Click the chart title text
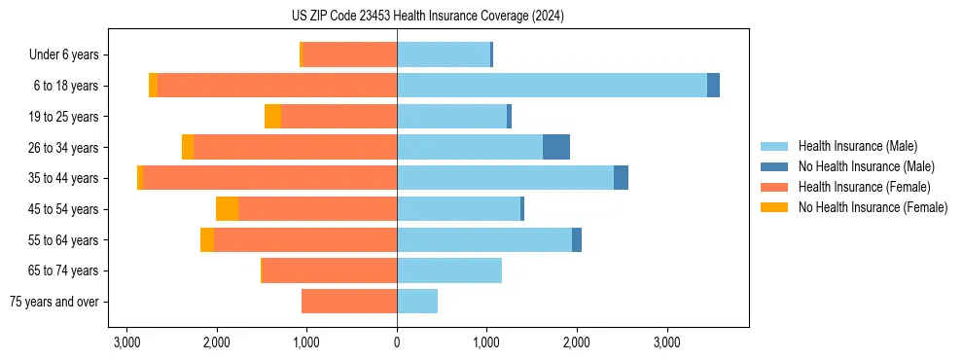pyautogui.click(x=427, y=16)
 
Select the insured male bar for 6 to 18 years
pyautogui.click(x=552, y=86)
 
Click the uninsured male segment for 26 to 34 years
pyautogui.click(x=556, y=147)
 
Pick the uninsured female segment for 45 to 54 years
pyautogui.click(x=227, y=209)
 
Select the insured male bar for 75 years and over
pyautogui.click(x=417, y=302)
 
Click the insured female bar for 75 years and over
pyautogui.click(x=349, y=302)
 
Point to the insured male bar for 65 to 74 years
pyautogui.click(x=449, y=270)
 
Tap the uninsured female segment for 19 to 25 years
pyautogui.click(x=273, y=117)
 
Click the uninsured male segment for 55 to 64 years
pyautogui.click(x=577, y=239)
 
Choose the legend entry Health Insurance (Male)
pyautogui.click(x=857, y=146)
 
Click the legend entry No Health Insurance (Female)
pyautogui.click(x=873, y=207)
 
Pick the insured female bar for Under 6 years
pyautogui.click(x=350, y=54)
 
